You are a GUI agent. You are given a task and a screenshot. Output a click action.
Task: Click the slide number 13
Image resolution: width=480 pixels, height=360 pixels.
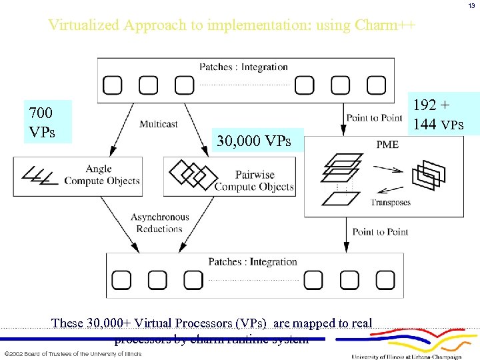(471, 5)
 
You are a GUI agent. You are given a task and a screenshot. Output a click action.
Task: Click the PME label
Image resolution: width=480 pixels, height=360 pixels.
(387, 144)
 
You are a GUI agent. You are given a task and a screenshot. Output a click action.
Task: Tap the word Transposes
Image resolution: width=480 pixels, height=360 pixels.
(391, 202)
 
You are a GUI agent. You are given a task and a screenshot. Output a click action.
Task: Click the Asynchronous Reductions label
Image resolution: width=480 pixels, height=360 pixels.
(160, 223)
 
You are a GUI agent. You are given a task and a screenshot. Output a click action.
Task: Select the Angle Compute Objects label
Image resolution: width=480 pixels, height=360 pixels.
(102, 175)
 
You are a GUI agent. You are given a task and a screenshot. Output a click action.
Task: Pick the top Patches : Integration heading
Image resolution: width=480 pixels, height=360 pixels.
(243, 67)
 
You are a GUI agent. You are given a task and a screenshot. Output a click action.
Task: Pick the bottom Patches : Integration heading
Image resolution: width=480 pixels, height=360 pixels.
(253, 261)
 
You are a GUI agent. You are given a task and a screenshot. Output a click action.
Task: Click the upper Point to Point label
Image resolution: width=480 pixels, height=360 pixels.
(374, 118)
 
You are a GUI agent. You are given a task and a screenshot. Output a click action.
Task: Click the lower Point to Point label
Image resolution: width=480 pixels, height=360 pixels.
(381, 231)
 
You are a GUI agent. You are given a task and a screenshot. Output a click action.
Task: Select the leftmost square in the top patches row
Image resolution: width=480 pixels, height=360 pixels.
(112, 85)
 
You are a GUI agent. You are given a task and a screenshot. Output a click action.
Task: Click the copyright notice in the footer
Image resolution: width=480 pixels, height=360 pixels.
(73, 353)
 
